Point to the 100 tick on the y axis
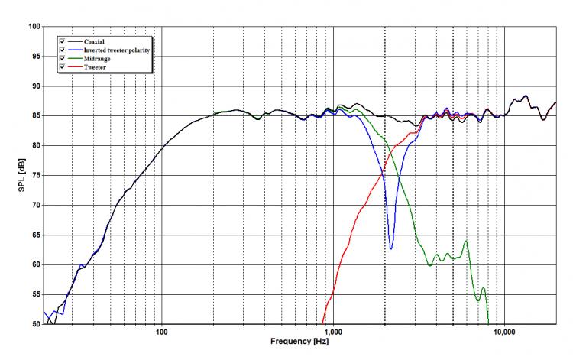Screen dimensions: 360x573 [x=34, y=27]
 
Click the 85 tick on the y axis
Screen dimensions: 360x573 [x=36, y=116]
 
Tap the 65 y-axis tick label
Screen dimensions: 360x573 [x=36, y=235]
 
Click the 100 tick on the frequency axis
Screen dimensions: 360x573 [x=161, y=332]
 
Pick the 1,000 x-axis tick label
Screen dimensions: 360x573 [x=332, y=332]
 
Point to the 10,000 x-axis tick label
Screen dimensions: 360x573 [x=502, y=332]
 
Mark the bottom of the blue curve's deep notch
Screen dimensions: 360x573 [x=391, y=248]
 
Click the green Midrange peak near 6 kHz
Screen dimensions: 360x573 [x=465, y=242]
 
